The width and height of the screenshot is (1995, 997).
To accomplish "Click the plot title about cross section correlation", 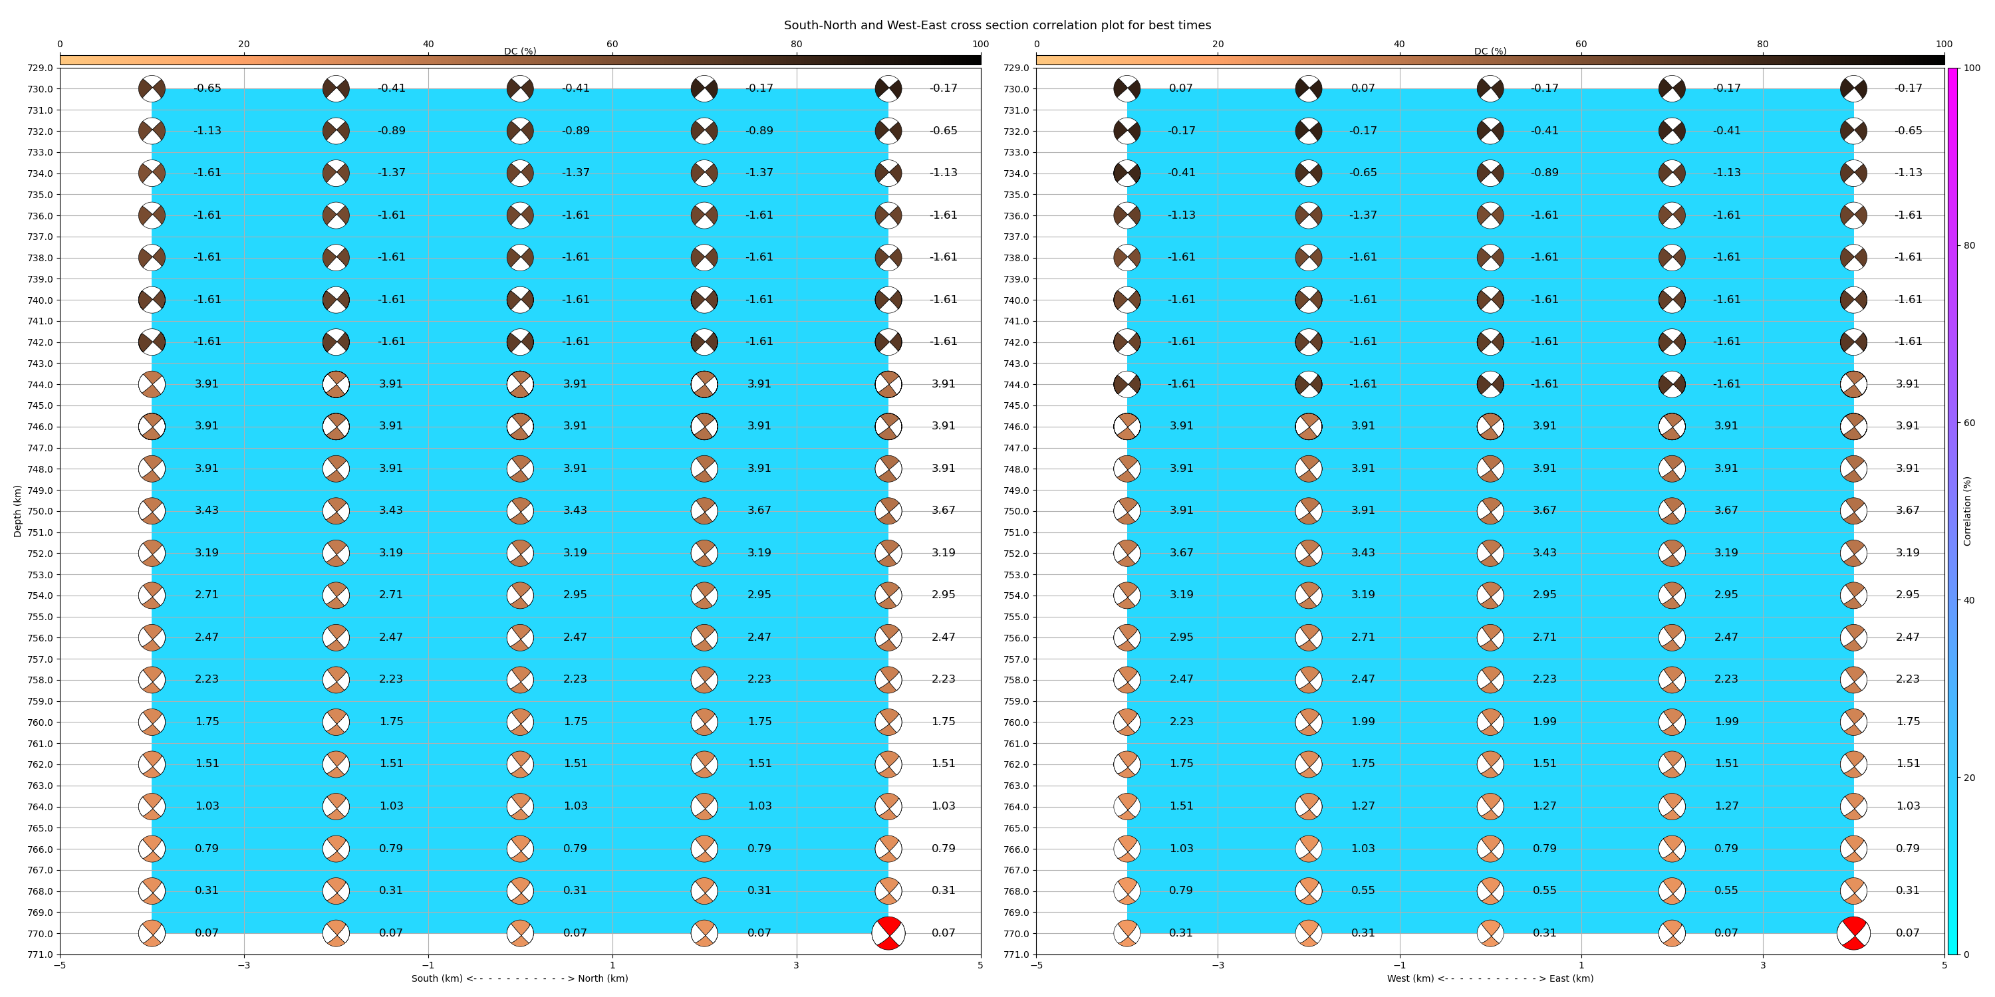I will pyautogui.click(x=997, y=25).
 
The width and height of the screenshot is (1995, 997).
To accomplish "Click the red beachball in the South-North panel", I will pyautogui.click(x=888, y=933).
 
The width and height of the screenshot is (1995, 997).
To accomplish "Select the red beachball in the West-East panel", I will pyautogui.click(x=1853, y=933).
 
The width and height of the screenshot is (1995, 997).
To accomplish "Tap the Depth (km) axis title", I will pyautogui.click(x=17, y=511).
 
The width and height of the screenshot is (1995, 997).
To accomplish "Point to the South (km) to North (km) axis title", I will pyautogui.click(x=519, y=978).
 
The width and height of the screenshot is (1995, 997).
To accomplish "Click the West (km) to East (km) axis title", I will pyautogui.click(x=1490, y=978).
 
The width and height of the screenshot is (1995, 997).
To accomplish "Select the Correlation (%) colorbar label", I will pyautogui.click(x=1967, y=511).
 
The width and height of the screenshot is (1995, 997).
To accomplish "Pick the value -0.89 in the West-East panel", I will pyautogui.click(x=1544, y=173).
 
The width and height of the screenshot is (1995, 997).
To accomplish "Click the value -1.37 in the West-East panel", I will pyautogui.click(x=1363, y=215).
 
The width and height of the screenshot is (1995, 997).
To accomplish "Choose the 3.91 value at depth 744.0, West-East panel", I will pyautogui.click(x=1907, y=384).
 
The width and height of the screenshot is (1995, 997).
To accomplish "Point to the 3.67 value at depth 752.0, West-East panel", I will pyautogui.click(x=1181, y=553).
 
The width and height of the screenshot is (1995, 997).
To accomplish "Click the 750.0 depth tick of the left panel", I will pyautogui.click(x=41, y=511).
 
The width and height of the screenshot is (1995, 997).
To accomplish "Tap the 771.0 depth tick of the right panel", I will pyautogui.click(x=1016, y=954).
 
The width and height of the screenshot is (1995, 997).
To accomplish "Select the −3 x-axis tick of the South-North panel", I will pyautogui.click(x=244, y=965).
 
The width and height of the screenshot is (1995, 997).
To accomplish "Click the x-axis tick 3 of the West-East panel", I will pyautogui.click(x=1763, y=965).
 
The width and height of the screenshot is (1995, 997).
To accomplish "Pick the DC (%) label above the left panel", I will pyautogui.click(x=519, y=51).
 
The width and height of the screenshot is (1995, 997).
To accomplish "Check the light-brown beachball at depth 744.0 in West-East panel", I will pyautogui.click(x=1853, y=384).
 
